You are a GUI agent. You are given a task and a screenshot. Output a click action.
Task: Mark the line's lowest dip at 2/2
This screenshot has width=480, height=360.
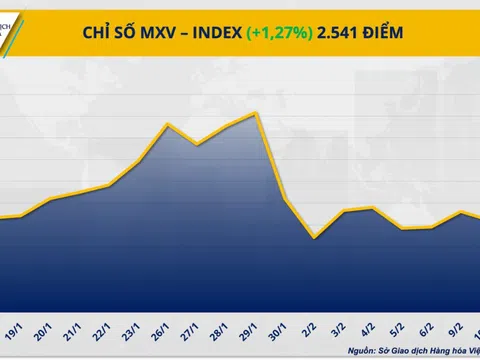coord(314,238)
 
